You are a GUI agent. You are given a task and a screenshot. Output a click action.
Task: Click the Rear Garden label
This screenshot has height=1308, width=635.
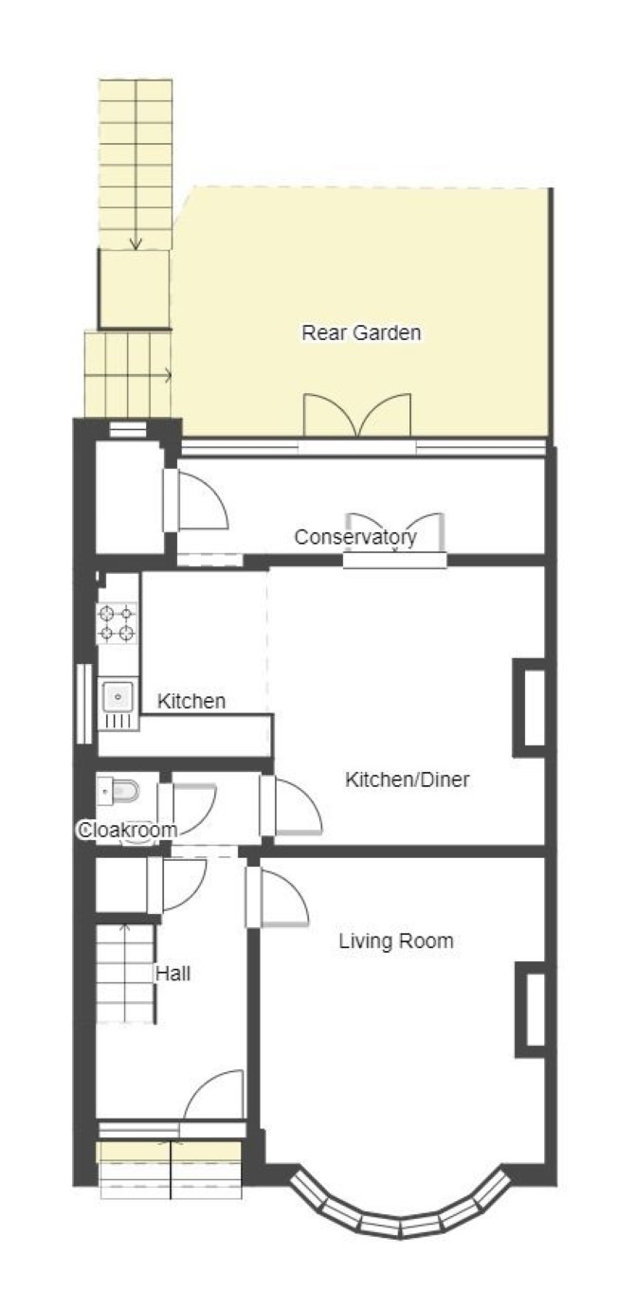point(361,332)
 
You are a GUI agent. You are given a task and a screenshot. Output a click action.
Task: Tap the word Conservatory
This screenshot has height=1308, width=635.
point(355,537)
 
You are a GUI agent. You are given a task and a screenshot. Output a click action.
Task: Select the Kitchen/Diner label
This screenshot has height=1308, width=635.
point(408,779)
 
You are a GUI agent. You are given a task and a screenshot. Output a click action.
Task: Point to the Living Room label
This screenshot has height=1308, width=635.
point(396,941)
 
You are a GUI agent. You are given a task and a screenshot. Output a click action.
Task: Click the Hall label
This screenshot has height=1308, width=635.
point(172,974)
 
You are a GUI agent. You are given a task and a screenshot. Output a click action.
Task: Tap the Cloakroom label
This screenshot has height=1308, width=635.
point(127,830)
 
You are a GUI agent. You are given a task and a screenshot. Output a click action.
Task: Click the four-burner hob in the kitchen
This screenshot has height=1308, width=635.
point(117,623)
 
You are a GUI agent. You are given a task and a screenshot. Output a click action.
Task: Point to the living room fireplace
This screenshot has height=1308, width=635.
point(531,1010)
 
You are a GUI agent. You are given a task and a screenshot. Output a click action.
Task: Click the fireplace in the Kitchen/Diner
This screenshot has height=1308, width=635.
point(529,708)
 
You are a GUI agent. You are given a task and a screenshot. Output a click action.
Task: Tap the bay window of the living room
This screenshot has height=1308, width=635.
point(400,1205)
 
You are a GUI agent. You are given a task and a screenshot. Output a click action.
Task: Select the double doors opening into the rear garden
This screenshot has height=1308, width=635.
point(357,415)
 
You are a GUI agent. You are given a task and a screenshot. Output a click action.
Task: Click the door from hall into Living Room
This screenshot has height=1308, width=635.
point(277,898)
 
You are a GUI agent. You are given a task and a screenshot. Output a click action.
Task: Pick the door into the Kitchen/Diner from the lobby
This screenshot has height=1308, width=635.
point(290,805)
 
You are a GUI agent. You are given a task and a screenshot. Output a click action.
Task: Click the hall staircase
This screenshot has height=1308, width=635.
point(126,974)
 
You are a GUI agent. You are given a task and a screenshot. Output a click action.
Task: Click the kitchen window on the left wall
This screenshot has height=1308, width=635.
point(84,705)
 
